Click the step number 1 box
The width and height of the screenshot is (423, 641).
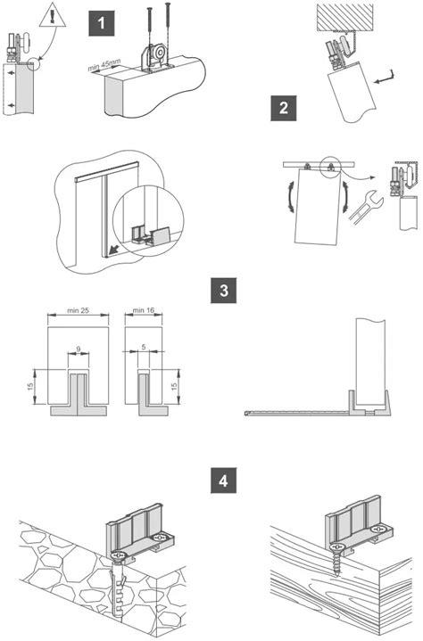coord(102,24)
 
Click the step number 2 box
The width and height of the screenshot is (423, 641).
coord(284,108)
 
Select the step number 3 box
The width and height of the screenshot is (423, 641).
coord(223,291)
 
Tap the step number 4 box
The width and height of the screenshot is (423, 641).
coord(223,481)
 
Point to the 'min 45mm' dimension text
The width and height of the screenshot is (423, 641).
coord(104,64)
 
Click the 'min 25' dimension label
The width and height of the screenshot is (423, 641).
coord(79,310)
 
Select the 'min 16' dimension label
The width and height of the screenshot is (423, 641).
coord(144,310)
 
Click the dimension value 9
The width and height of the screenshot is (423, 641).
coord(79,349)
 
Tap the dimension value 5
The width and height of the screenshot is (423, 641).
coord(144,347)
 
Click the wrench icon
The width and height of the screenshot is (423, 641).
coord(366,207)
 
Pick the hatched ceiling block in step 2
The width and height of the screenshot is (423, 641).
coord(344,17)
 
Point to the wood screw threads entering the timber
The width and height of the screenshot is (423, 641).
coord(336,563)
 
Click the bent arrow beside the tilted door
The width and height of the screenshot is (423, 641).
coord(385,78)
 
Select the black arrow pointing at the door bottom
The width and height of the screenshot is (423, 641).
coord(110,249)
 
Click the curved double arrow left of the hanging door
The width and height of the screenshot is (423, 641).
coord(290,198)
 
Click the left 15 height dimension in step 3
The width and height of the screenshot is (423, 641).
coord(30,387)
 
